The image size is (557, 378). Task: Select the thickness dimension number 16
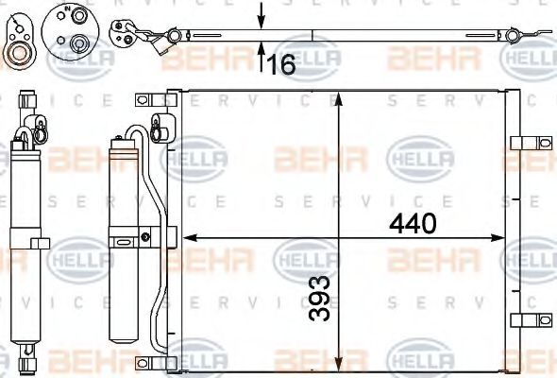click(x=281, y=65)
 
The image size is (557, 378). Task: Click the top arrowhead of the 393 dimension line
click(x=339, y=97)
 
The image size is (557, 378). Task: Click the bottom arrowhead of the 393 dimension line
click(x=339, y=365)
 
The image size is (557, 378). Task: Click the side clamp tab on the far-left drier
click(x=40, y=243)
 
